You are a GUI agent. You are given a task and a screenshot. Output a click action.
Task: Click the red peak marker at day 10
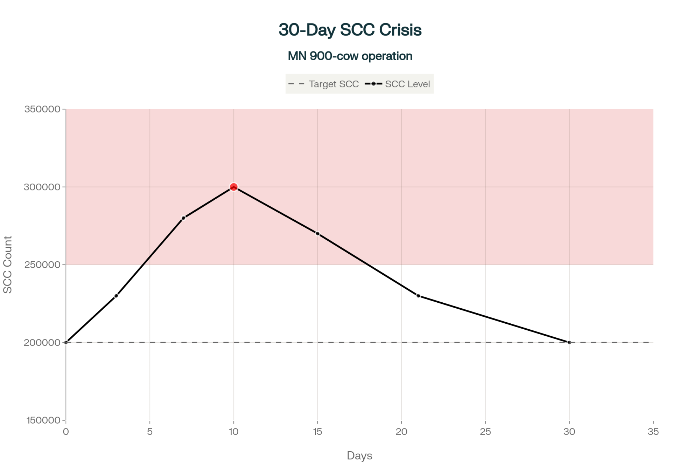233,187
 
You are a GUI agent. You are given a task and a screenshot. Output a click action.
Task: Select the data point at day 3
116,296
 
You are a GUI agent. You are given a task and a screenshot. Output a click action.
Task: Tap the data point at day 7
183,218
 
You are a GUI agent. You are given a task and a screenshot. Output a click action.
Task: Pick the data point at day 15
317,234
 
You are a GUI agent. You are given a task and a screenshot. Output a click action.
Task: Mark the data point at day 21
418,296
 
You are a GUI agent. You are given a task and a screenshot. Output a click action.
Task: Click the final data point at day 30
569,342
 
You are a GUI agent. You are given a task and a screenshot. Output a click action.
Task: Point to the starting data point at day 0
66,342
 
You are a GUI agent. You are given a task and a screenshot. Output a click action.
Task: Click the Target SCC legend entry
324,84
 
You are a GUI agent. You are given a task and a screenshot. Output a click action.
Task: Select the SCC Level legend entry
398,84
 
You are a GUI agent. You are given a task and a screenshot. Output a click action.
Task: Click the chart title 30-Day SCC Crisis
350,30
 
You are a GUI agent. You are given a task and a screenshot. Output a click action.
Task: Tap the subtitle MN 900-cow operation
350,56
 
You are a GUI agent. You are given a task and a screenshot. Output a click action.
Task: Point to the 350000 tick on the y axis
42,109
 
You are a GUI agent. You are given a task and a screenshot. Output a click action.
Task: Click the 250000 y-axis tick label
42,265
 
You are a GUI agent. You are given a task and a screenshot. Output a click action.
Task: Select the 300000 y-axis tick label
42,187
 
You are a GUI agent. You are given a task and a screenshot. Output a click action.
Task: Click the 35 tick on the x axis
653,432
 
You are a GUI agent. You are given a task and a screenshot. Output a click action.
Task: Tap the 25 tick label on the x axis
485,432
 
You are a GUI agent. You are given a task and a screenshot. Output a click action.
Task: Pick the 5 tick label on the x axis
150,432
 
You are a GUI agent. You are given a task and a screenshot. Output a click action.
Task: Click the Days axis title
359,456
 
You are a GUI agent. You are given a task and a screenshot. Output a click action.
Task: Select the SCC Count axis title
8,265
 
